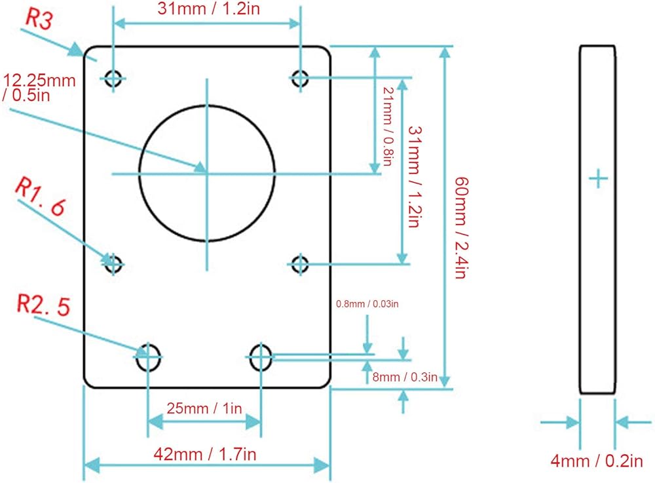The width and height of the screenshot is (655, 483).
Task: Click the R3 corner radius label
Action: (x=39, y=19)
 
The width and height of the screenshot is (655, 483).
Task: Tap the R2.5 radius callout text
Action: (x=43, y=305)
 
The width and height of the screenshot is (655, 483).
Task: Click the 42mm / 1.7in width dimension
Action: (x=204, y=454)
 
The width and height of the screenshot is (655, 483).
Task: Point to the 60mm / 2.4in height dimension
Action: (x=462, y=227)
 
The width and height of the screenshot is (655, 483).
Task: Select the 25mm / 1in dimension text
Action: (x=204, y=408)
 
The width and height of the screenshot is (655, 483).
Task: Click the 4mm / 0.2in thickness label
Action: (x=597, y=461)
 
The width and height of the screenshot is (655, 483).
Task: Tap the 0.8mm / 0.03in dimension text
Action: (x=367, y=303)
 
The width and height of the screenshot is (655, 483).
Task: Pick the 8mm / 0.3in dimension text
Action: (x=405, y=377)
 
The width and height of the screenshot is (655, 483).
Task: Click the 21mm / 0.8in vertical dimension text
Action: (x=388, y=126)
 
